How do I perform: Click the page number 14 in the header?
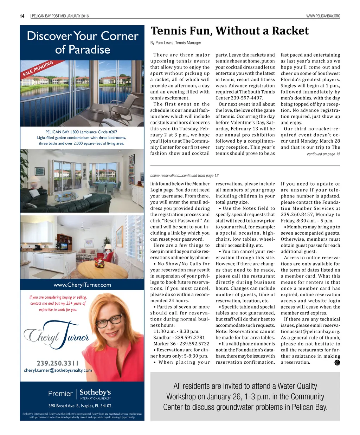pyautogui.click(x=22, y=16)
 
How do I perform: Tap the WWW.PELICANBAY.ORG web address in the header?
pyautogui.click(x=323, y=16)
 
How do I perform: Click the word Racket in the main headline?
pyautogui.click(x=290, y=31)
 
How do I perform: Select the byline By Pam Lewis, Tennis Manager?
pyautogui.click(x=176, y=43)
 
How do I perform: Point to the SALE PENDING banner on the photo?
pyautogui.click(x=38, y=68)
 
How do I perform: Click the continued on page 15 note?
pyautogui.click(x=323, y=154)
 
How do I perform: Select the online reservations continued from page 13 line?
pyautogui.click(x=184, y=175)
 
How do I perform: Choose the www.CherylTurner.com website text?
pyautogui.click(x=82, y=285)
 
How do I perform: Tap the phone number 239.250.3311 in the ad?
pyautogui.click(x=58, y=363)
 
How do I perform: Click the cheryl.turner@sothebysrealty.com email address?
pyautogui.click(x=58, y=370)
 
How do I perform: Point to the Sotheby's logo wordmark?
pyautogui.click(x=95, y=392)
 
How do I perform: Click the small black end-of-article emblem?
pyautogui.click(x=337, y=363)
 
